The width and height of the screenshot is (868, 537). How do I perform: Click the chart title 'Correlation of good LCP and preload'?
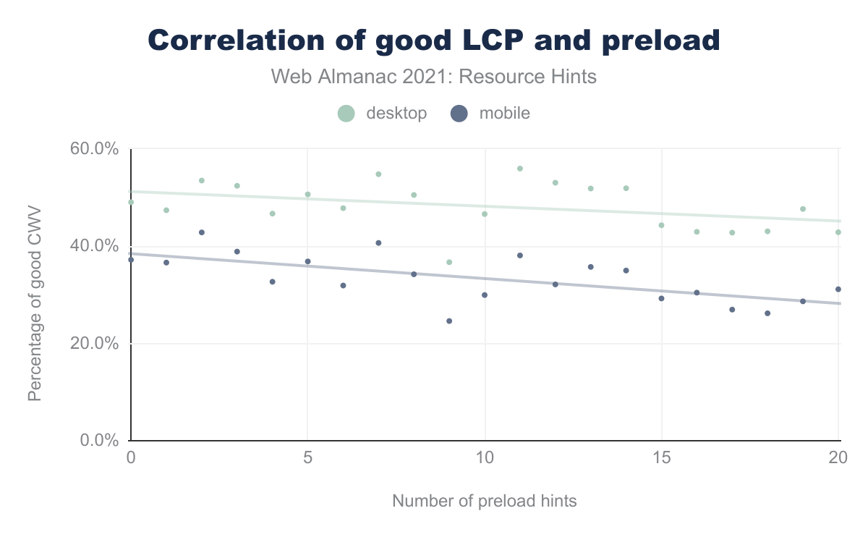click(x=434, y=40)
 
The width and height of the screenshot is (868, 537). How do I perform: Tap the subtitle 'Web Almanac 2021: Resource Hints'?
click(x=434, y=76)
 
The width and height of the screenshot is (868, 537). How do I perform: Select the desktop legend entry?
click(x=383, y=113)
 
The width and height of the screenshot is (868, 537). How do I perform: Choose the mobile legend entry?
click(x=490, y=113)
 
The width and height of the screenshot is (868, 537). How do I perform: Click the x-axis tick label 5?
click(x=307, y=457)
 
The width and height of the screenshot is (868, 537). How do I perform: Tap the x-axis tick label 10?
click(x=485, y=457)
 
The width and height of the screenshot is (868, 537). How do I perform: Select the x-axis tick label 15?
click(x=662, y=457)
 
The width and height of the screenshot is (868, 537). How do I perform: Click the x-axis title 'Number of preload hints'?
click(x=485, y=501)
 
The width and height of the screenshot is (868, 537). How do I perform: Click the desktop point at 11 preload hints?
click(x=519, y=169)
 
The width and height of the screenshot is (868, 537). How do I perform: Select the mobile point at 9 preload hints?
click(x=449, y=321)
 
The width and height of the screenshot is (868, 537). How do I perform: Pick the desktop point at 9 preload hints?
click(x=449, y=262)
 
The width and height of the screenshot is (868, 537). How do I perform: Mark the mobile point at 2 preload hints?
click(x=202, y=232)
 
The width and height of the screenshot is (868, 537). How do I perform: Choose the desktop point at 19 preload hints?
click(x=803, y=209)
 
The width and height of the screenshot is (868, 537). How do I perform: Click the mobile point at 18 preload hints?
click(x=767, y=313)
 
